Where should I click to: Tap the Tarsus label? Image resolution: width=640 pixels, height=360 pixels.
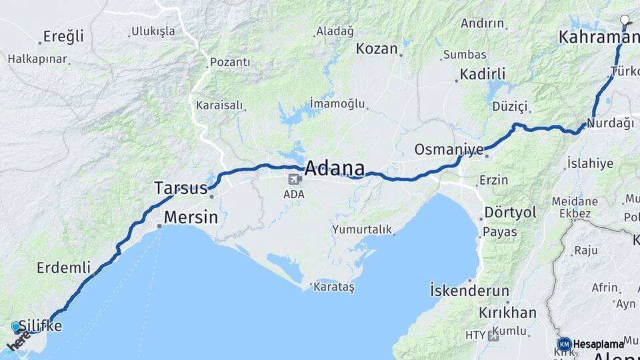[181, 187]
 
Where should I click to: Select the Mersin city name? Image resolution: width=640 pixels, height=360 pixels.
[191, 217]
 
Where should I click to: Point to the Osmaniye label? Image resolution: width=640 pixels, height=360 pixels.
[448, 149]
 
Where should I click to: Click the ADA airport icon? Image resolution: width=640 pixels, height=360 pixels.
[293, 179]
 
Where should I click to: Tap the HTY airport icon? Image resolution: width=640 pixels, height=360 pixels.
[493, 335]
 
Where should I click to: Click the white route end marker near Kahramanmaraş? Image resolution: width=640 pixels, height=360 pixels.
[625, 20]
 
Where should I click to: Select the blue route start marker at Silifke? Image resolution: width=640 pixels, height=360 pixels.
[16, 327]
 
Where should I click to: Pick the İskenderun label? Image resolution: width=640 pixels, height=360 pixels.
[469, 291]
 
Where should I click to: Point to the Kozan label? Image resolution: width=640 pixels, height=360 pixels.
[377, 49]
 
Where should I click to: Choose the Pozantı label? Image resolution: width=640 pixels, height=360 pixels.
[230, 62]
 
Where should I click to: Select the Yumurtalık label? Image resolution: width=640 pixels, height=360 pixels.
[361, 229]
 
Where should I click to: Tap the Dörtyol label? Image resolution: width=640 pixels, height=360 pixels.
[510, 212]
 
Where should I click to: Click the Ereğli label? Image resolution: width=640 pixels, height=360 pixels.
[63, 36]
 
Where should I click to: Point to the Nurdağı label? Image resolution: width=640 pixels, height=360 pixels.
[610, 123]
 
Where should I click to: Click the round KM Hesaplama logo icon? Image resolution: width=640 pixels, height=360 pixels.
[564, 344]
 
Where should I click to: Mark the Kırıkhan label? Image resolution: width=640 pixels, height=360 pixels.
[507, 313]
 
